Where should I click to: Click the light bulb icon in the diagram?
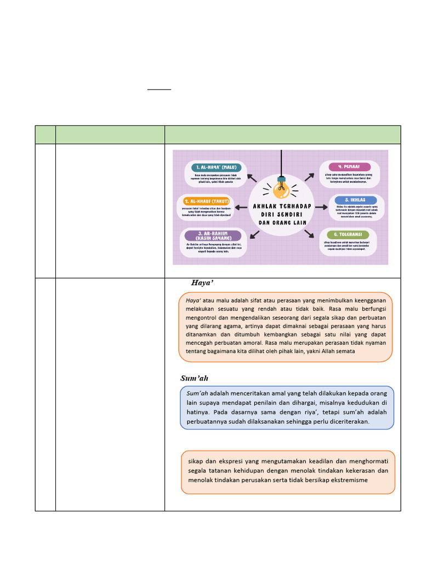click(x=282, y=189)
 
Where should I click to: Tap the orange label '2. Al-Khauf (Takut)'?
click(x=207, y=201)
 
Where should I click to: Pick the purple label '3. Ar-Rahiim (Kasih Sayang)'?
click(x=213, y=235)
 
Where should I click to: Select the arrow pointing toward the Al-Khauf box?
click(x=241, y=207)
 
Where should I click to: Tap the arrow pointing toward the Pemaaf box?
click(x=310, y=177)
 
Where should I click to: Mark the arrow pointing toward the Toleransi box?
click(x=310, y=234)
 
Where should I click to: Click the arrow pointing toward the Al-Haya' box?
click(x=252, y=177)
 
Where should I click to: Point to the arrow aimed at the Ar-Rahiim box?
click(x=254, y=234)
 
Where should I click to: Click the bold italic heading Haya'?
click(x=202, y=283)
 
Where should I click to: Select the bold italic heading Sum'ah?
click(x=194, y=379)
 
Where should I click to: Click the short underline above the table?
click(x=159, y=89)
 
